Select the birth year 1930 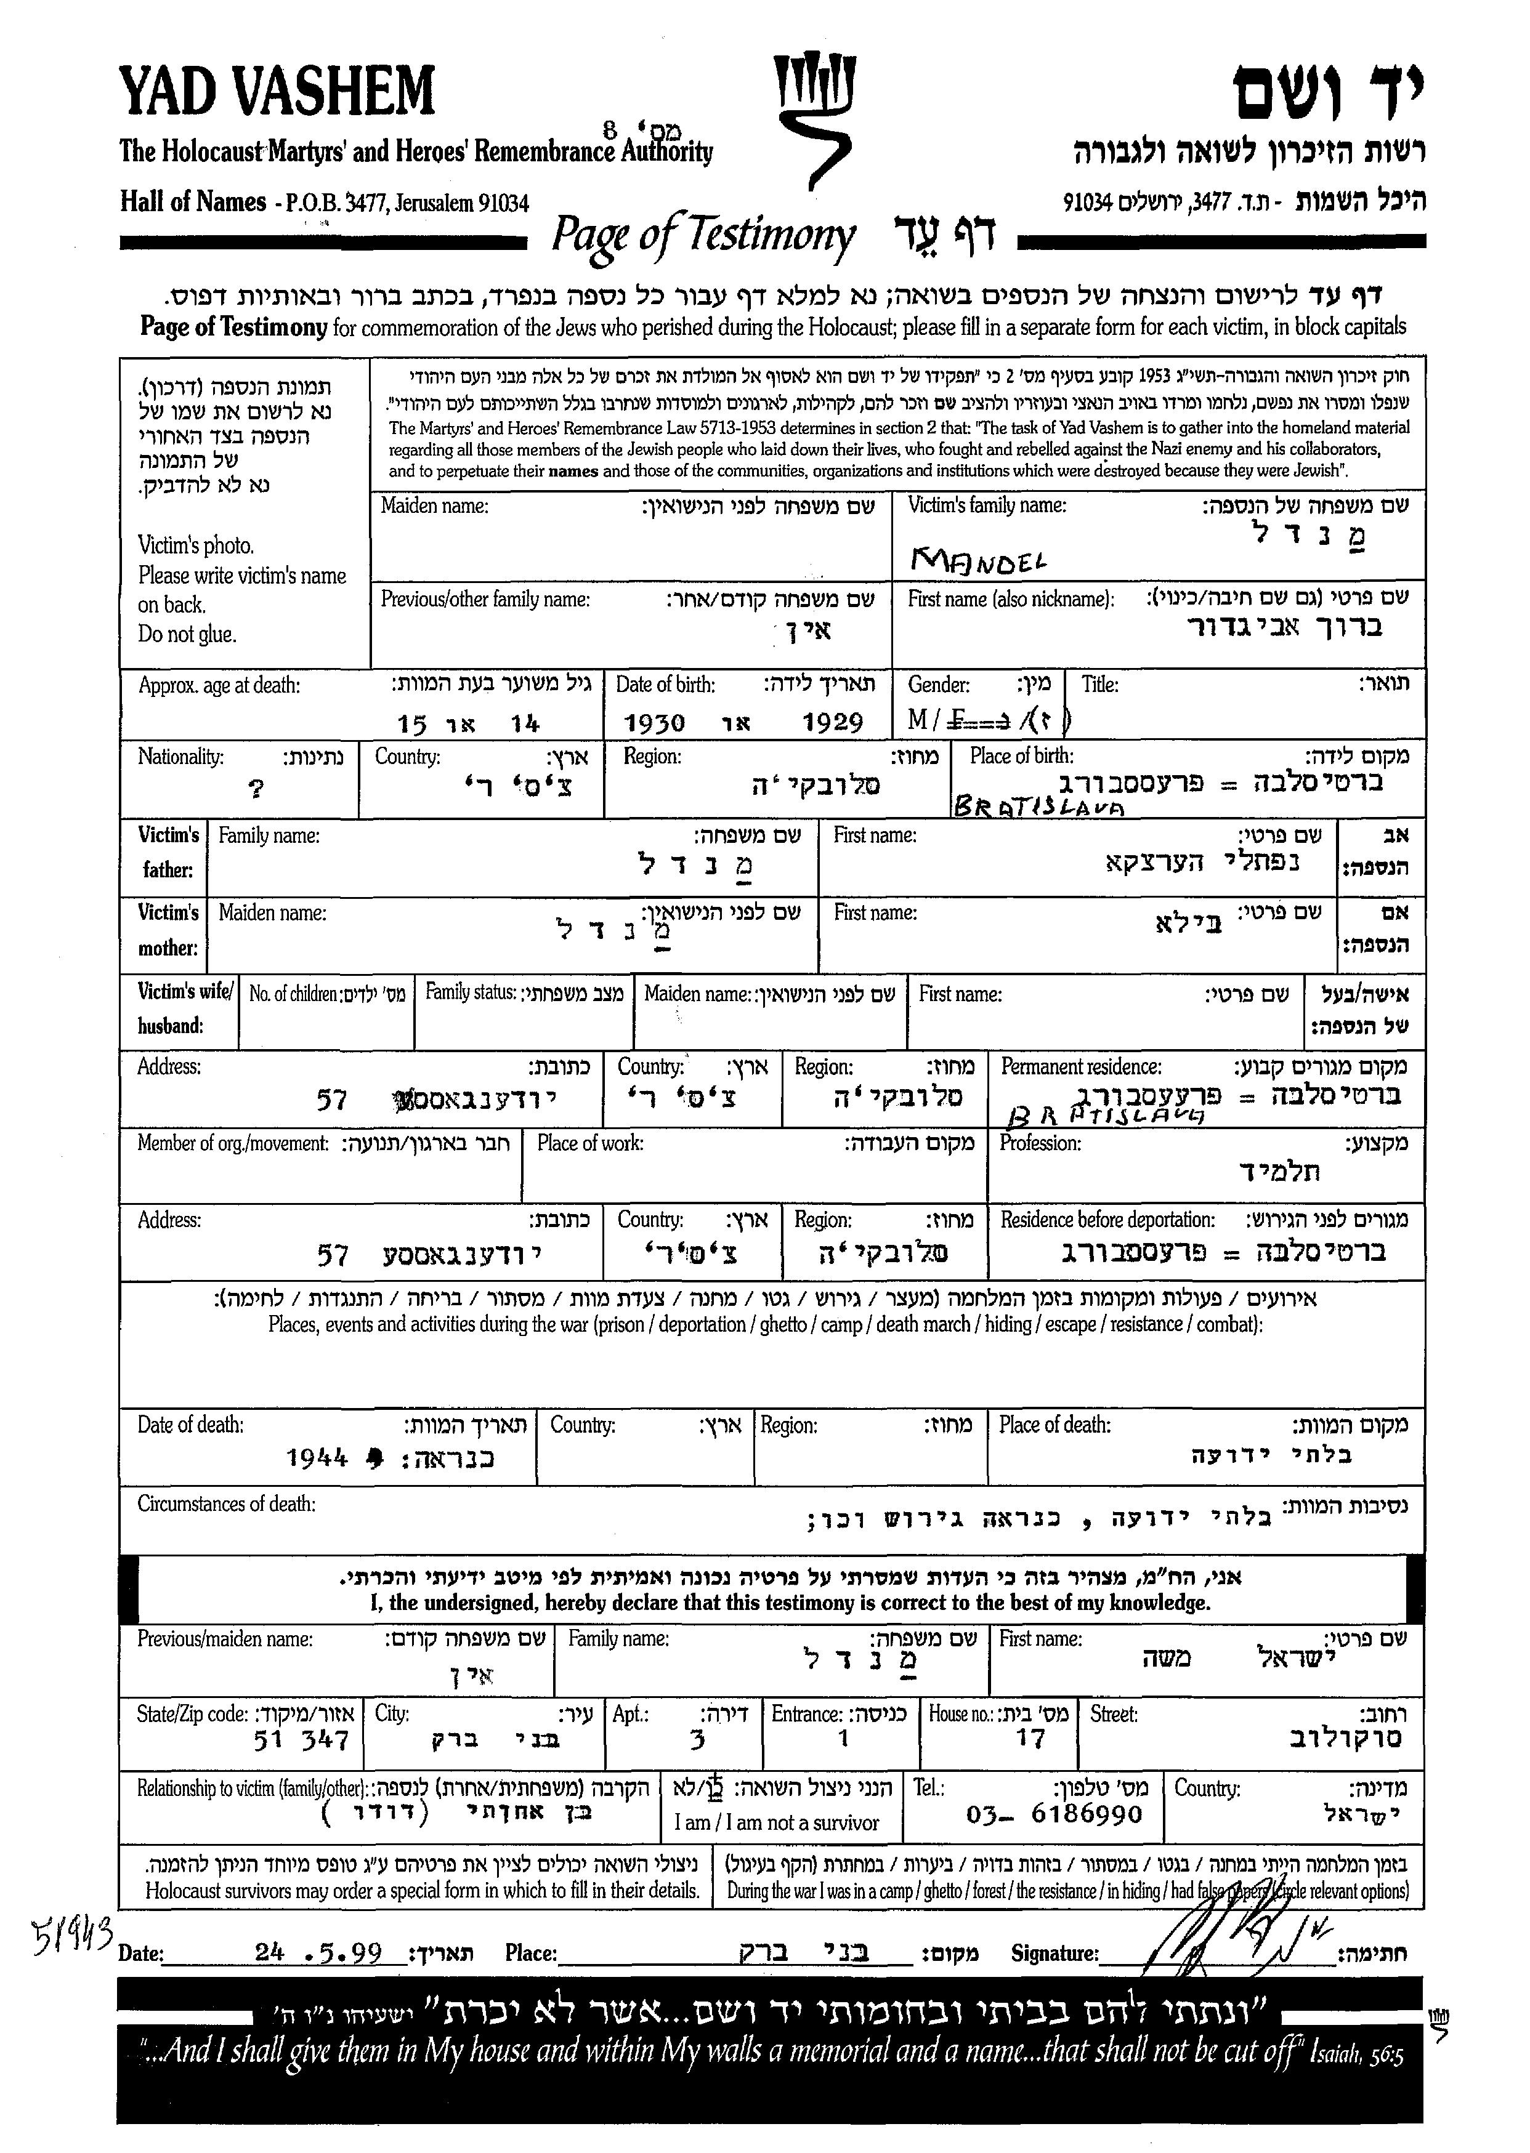click(x=655, y=723)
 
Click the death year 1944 click(x=317, y=1459)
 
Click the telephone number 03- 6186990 click(x=1054, y=1814)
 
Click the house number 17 click(x=1030, y=1739)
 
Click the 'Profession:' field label click(x=1040, y=1143)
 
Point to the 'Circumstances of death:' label click(x=226, y=1504)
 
